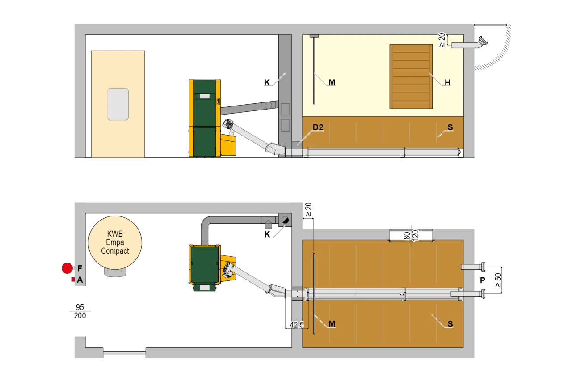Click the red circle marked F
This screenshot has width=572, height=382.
point(67,268)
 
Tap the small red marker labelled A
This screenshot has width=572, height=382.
point(73,280)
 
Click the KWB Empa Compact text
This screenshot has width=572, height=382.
point(115,243)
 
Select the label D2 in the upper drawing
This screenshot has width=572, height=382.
point(318,127)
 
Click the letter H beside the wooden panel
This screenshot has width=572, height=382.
point(447,82)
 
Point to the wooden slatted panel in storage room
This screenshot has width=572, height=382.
point(411,76)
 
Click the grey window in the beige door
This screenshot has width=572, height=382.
point(118,104)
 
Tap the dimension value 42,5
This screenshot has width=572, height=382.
point(296,325)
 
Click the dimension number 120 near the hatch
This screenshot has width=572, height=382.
point(415,235)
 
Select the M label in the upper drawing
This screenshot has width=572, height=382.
point(332,82)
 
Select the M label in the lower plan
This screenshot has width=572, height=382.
point(332,324)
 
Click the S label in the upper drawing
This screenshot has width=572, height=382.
point(450,127)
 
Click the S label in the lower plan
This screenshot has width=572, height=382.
point(450,324)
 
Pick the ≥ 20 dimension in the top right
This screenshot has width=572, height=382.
point(442,40)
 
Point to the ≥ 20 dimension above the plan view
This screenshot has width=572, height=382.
point(308,209)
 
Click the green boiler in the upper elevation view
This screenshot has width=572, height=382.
point(204,118)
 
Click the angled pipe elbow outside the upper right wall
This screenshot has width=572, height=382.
point(481,43)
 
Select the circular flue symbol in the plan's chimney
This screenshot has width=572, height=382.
point(284,219)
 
